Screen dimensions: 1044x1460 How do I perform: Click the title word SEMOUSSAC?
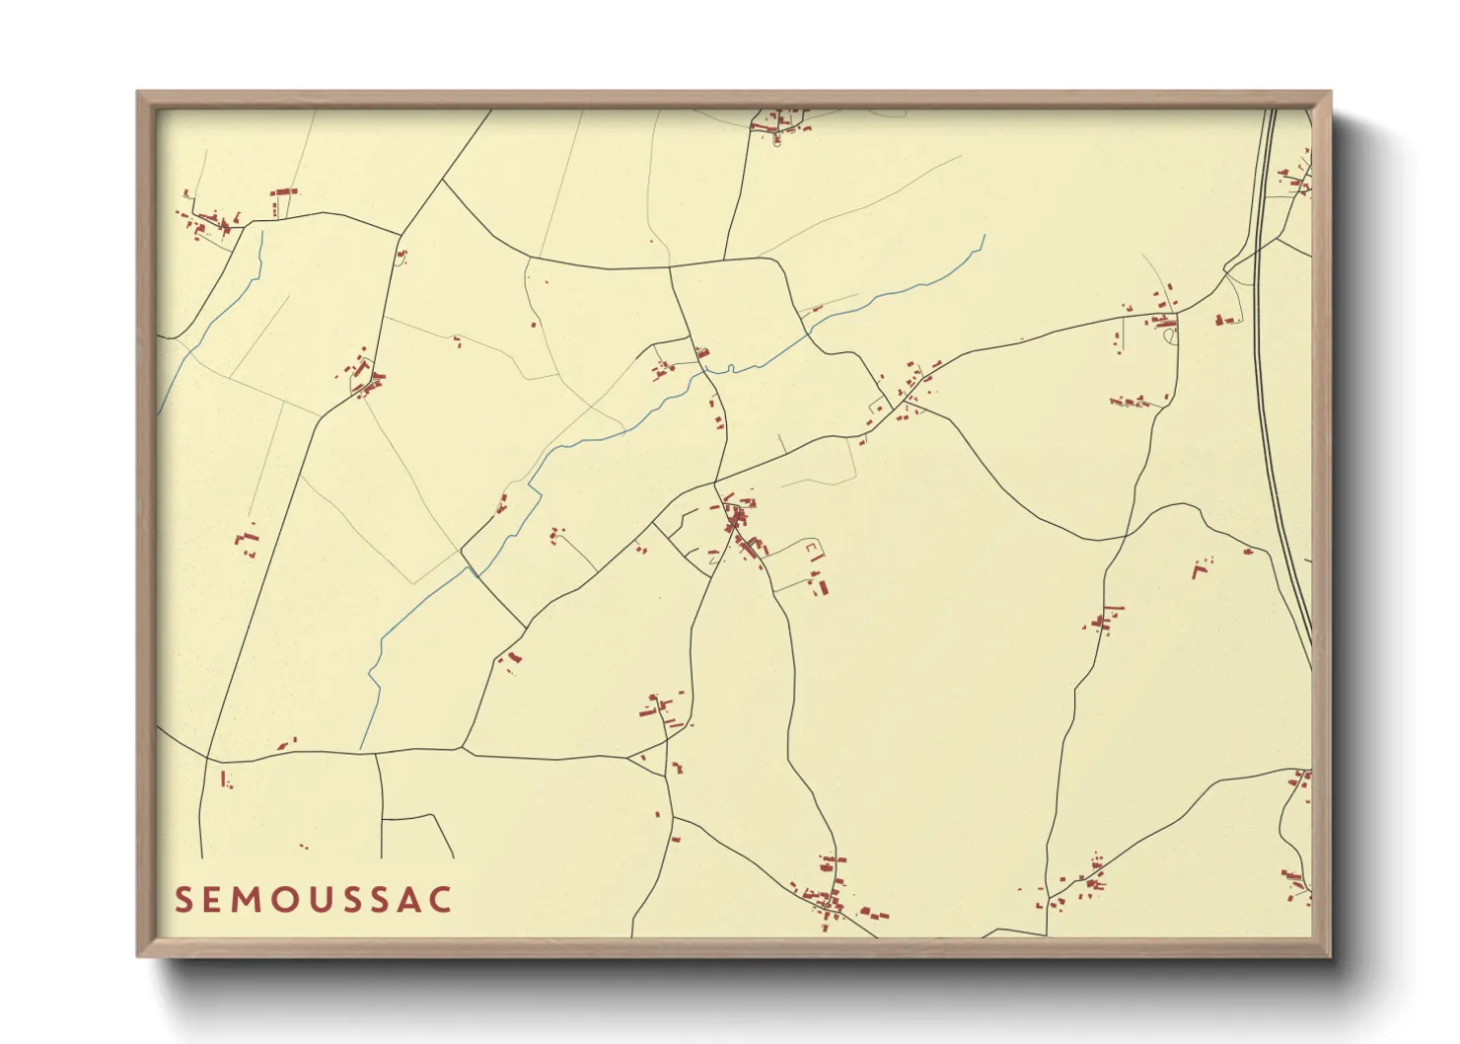(314, 900)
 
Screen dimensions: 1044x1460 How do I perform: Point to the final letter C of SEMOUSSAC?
(440, 900)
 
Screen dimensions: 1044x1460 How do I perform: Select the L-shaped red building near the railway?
(1199, 568)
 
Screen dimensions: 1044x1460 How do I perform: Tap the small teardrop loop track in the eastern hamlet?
(1171, 336)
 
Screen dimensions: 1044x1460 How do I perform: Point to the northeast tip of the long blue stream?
(985, 236)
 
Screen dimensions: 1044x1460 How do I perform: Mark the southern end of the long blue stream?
(363, 748)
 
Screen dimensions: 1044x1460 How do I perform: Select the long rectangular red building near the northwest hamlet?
(284, 191)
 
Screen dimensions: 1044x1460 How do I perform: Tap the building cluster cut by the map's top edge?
(779, 121)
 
